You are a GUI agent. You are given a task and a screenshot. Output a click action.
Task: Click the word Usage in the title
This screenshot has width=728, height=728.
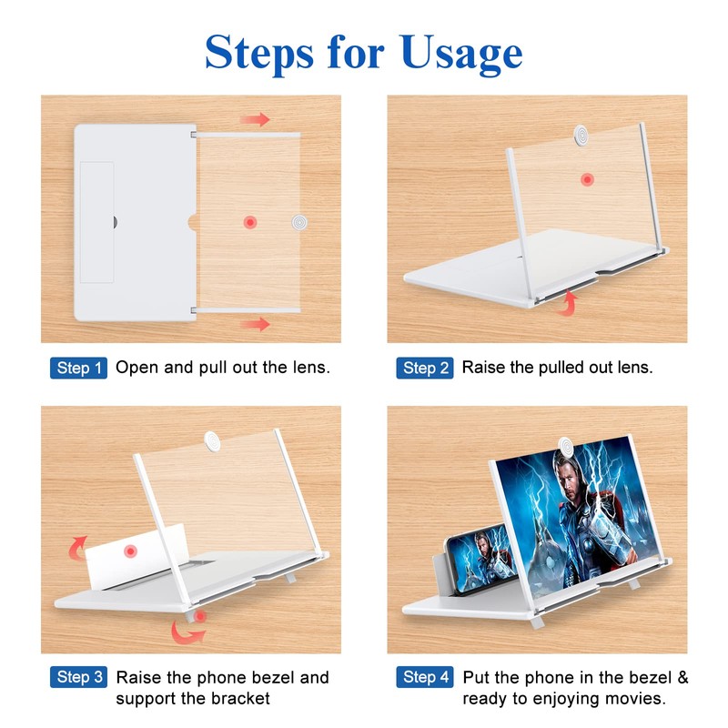click(461, 54)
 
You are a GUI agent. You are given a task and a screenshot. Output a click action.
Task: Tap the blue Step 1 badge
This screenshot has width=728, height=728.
click(78, 368)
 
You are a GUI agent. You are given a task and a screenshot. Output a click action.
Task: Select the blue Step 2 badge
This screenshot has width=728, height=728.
click(425, 368)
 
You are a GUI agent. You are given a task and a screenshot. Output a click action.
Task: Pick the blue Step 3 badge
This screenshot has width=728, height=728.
click(78, 677)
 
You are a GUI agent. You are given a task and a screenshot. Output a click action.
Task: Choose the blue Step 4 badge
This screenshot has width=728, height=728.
click(425, 677)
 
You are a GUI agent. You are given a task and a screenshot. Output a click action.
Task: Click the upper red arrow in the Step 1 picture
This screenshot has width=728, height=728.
click(255, 119)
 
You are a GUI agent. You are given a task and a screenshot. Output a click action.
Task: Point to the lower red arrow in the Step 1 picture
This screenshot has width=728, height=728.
click(255, 324)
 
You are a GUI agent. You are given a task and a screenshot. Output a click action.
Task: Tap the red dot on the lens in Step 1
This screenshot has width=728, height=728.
click(250, 222)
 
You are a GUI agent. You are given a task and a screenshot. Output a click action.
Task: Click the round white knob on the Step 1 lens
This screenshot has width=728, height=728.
click(299, 222)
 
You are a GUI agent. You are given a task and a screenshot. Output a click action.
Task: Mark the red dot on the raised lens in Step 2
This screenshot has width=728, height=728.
click(587, 179)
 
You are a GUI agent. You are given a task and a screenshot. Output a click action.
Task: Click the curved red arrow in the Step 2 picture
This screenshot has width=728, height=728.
click(568, 303)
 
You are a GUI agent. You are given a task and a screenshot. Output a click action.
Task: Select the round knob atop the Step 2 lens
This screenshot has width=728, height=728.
click(581, 135)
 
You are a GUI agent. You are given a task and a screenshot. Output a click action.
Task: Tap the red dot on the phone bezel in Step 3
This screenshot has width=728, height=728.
click(130, 551)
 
